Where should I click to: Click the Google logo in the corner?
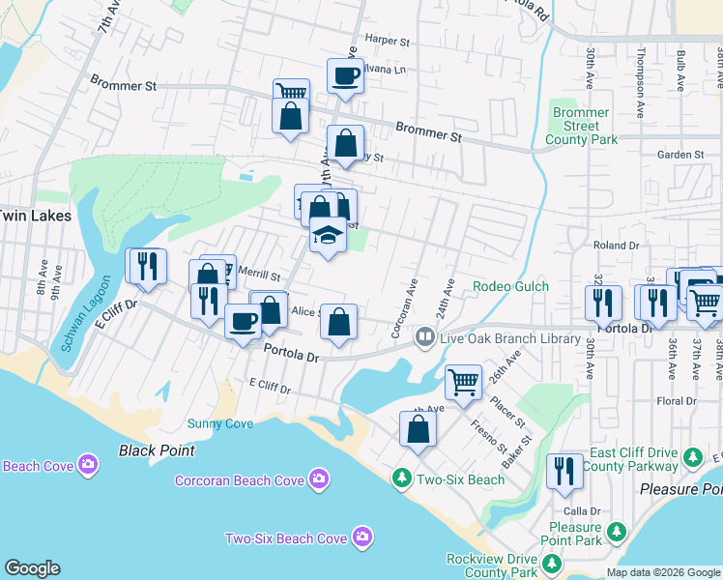click(32, 568)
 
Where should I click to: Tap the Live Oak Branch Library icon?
click(424, 337)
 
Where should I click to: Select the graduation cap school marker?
click(328, 236)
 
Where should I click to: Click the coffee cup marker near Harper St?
click(345, 75)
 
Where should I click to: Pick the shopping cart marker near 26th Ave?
click(463, 382)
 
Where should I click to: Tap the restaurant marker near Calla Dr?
click(564, 471)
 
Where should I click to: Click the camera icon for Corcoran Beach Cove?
click(319, 479)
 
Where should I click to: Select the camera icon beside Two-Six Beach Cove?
click(361, 536)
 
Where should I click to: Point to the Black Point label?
click(157, 450)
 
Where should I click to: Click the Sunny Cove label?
click(219, 423)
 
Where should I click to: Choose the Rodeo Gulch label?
click(510, 286)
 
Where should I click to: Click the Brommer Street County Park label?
click(582, 127)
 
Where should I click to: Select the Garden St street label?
click(680, 155)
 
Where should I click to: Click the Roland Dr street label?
click(616, 246)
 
